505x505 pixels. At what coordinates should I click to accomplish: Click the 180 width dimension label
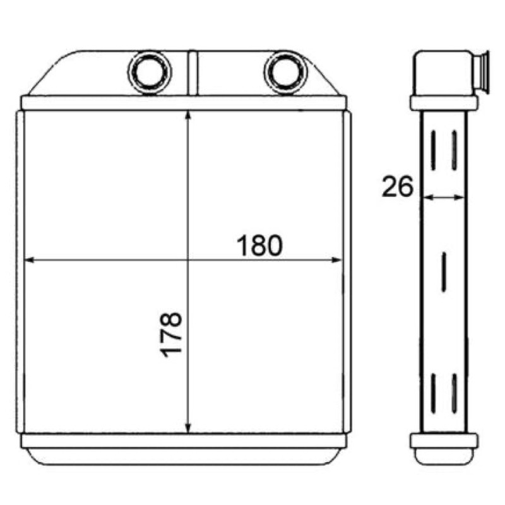click(259, 246)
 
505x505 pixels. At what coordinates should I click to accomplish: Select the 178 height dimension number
click(171, 335)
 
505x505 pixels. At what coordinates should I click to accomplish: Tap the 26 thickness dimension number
click(398, 186)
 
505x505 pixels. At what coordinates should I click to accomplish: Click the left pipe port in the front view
click(150, 73)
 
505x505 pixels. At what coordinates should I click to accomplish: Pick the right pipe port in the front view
click(286, 73)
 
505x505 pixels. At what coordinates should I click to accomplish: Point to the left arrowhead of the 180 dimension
click(29, 260)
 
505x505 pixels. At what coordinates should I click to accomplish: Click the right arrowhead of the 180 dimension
click(336, 260)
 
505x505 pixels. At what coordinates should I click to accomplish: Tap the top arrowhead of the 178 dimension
click(188, 116)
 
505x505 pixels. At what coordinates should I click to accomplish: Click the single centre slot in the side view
click(444, 272)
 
